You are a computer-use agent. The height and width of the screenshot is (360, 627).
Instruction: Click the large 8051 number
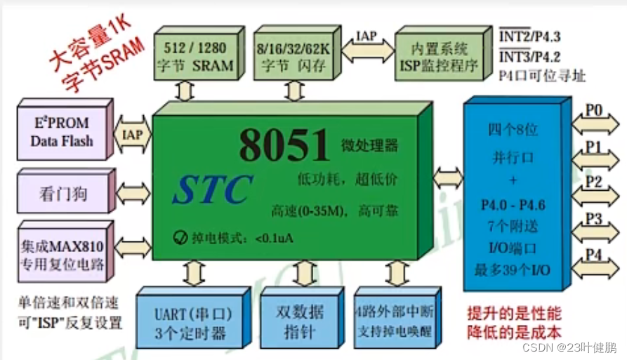tap(284, 145)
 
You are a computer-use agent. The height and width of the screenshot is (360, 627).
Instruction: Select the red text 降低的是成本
tap(515, 330)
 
